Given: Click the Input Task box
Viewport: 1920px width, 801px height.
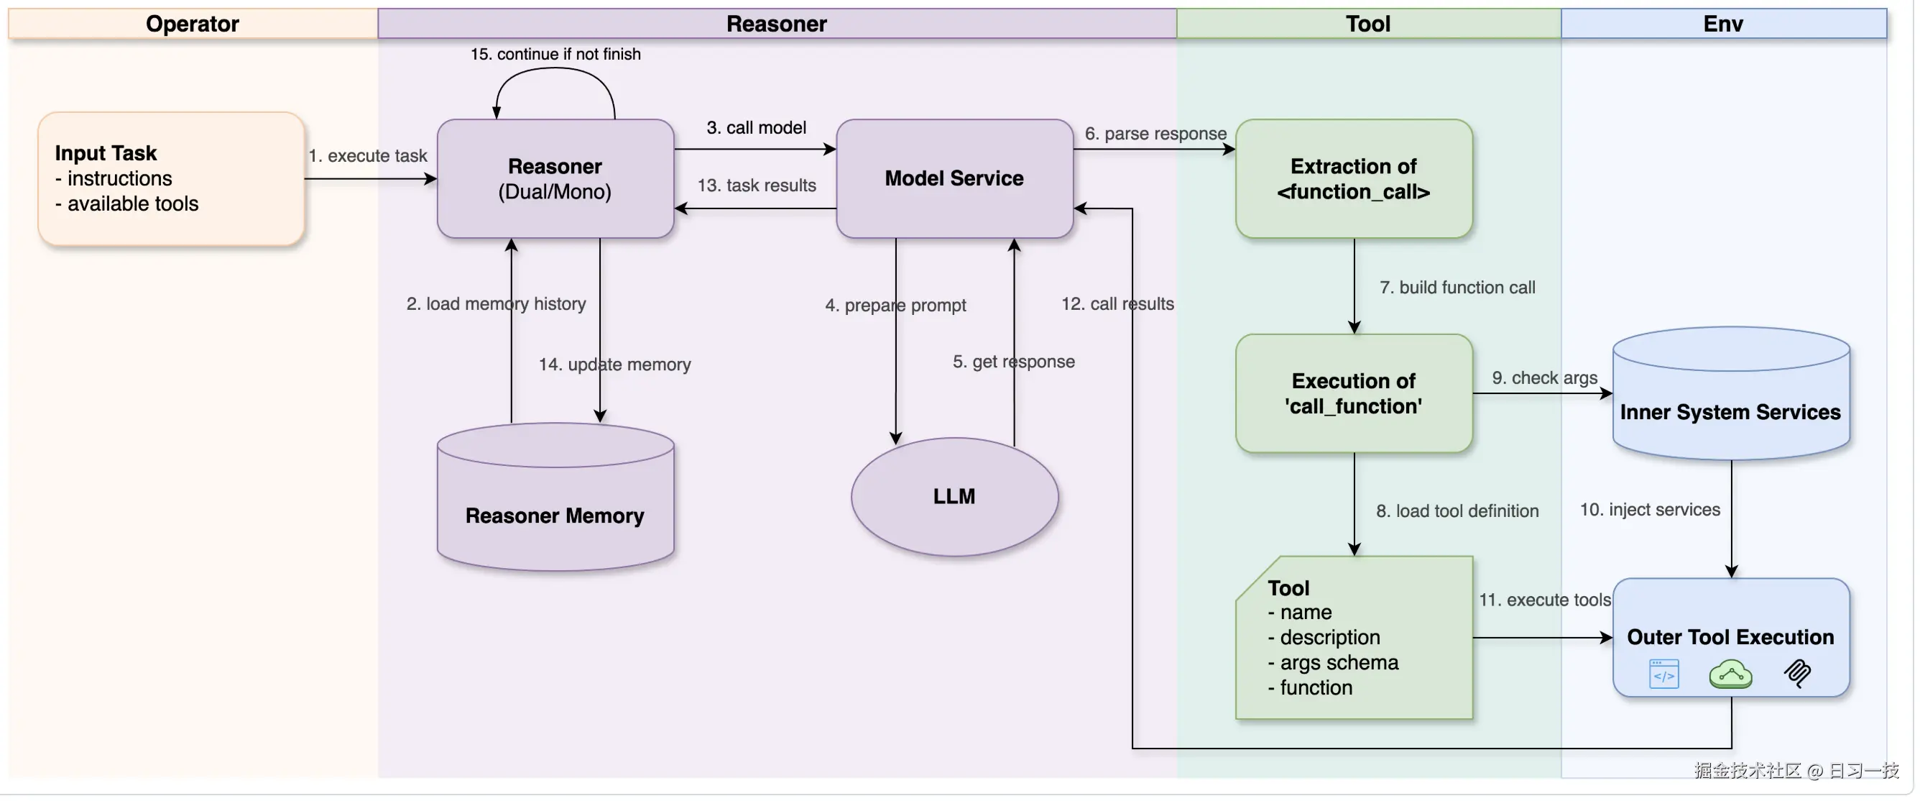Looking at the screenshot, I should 171,178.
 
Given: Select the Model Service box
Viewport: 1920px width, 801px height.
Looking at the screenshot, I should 954,178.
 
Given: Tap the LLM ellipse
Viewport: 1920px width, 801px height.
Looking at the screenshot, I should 954,496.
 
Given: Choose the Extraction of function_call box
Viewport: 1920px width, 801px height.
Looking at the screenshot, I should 1354,178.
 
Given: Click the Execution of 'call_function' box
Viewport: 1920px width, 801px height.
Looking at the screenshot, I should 1354,393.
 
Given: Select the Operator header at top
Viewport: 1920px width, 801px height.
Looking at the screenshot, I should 193,24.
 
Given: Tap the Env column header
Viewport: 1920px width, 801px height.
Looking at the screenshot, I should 1722,24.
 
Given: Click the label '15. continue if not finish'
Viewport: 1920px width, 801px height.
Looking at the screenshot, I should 555,54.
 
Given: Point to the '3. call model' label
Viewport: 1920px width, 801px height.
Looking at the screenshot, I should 756,127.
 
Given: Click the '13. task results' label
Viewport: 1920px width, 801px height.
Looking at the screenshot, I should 756,185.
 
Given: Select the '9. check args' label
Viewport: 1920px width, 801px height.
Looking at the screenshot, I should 1544,377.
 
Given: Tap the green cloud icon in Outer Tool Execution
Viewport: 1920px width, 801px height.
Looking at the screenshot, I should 1730,674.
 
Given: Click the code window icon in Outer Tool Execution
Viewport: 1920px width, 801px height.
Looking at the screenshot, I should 1663,674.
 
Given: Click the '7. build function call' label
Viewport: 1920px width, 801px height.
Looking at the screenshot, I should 1457,287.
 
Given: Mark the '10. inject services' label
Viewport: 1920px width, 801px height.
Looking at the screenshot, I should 1649,509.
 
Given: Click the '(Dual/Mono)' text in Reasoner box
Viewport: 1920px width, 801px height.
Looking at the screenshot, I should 555,192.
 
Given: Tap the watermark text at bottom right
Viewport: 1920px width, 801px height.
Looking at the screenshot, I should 1796,770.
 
